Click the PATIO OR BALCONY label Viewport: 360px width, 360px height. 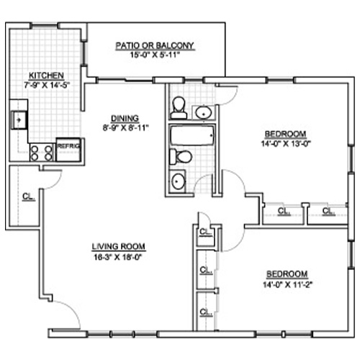pos(155,45)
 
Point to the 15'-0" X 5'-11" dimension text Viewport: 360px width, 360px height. pos(155,55)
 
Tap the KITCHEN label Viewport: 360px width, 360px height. pos(46,76)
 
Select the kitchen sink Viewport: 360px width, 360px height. pos(19,120)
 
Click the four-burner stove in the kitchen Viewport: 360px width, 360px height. pos(42,153)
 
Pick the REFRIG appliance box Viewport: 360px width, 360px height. pos(68,149)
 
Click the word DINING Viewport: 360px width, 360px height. pos(125,118)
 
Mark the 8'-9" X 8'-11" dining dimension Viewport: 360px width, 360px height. pos(125,127)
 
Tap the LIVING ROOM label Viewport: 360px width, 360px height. pos(119,246)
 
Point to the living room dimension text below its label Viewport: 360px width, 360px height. pos(118,257)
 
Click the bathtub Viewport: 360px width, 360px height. pos(192,135)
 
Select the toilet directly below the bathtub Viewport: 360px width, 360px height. pos(181,157)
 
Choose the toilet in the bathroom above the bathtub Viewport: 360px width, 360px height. pos(179,107)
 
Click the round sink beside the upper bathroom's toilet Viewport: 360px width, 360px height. pos(204,112)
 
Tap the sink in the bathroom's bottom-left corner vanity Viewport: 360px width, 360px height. pos(178,181)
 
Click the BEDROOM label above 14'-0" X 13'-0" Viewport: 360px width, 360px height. pos(285,134)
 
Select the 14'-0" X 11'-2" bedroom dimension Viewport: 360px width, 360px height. pos(287,284)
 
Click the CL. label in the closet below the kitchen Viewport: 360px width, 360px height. pos(29,197)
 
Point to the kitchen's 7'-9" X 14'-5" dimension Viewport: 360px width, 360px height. pos(47,85)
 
